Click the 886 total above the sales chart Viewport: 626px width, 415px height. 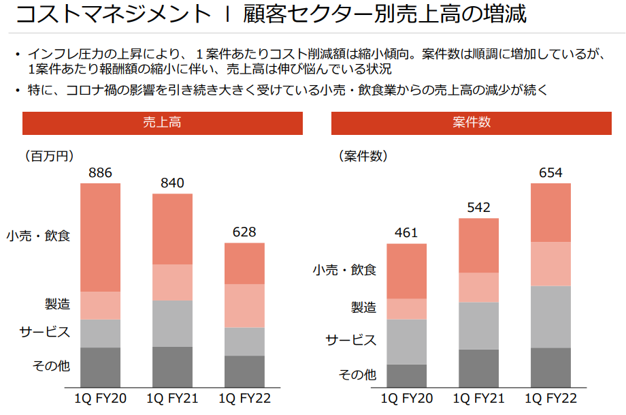pyautogui.click(x=100, y=172)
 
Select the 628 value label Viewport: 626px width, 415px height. pyautogui.click(x=244, y=232)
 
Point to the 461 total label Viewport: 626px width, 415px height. pyautogui.click(x=406, y=233)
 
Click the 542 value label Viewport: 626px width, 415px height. pyautogui.click(x=478, y=208)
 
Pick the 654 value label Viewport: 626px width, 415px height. pyautogui.click(x=550, y=172)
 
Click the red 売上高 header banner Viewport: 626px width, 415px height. pyautogui.click(x=162, y=123)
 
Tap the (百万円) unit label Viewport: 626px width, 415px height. pyautogui.click(x=49, y=156)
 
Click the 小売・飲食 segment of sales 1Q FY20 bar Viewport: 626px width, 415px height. pyautogui.click(x=100, y=237)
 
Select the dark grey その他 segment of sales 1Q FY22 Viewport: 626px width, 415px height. pyautogui.click(x=244, y=371)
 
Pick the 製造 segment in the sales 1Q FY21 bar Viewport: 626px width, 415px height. pyautogui.click(x=172, y=282)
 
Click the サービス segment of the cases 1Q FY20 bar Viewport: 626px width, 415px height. pyautogui.click(x=406, y=341)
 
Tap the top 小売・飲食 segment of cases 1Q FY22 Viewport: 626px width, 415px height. pyautogui.click(x=550, y=212)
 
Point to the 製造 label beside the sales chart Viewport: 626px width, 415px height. pyautogui.click(x=57, y=303)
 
